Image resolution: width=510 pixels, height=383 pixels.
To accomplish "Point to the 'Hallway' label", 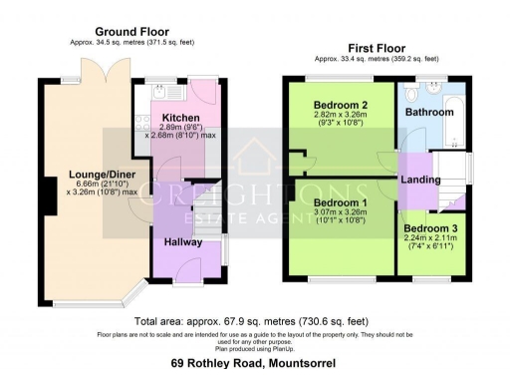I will coord(182,241).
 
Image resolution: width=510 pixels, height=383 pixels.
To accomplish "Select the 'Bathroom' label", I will coord(429,113).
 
